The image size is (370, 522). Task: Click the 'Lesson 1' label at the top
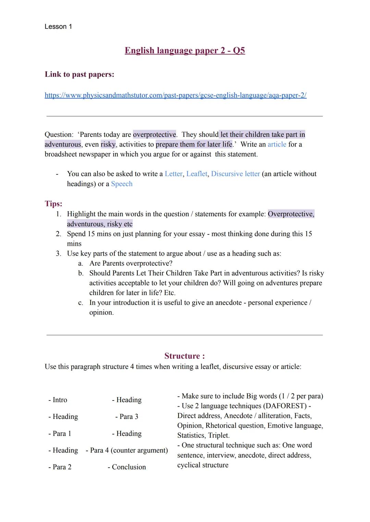tap(58, 27)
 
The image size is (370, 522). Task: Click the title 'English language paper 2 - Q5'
tap(185, 51)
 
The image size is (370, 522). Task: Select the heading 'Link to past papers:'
tap(79, 74)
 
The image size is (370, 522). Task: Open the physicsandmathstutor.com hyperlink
tap(175, 95)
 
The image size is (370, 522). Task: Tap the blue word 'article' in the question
tap(277, 144)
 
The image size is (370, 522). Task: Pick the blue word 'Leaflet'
tap(197, 174)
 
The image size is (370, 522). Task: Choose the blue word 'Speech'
tap(122, 184)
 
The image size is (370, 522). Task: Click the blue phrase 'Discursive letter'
tap(235, 174)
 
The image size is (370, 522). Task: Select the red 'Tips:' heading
tap(53, 204)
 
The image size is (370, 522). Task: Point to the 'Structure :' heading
tap(184, 356)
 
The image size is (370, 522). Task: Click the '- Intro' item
tap(58, 400)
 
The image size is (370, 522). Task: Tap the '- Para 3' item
tap(127, 417)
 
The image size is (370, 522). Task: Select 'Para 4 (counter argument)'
tap(129, 450)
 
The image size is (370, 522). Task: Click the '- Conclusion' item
tap(127, 467)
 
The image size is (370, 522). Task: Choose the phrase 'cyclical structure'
tap(203, 465)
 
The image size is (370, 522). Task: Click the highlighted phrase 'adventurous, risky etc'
tap(100, 224)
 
